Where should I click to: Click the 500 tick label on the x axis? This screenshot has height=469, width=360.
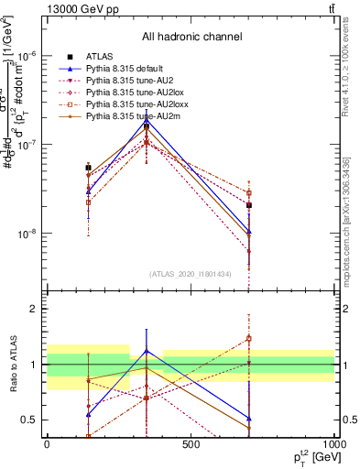191,443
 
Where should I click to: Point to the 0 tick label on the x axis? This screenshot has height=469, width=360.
47,443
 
